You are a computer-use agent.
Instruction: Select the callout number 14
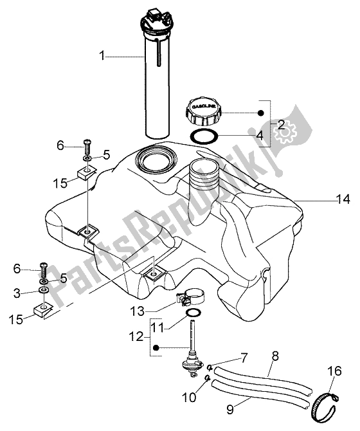click(x=342, y=200)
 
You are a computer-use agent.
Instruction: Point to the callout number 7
click(x=245, y=356)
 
